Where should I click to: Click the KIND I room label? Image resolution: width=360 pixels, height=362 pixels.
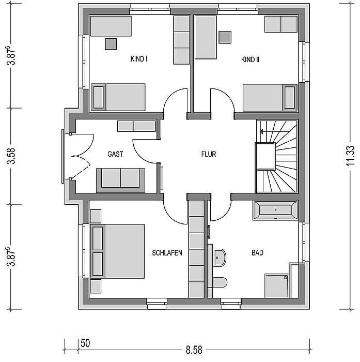[x=139, y=59]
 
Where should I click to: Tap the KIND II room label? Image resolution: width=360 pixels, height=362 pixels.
[x=250, y=59]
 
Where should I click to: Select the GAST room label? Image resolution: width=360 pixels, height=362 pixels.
[x=115, y=154]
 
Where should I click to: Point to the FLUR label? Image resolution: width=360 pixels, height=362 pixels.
[x=209, y=154]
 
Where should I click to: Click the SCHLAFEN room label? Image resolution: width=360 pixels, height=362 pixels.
[x=167, y=253]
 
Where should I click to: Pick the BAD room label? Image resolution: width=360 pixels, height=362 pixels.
[x=257, y=252]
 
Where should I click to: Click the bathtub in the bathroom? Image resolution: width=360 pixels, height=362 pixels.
[x=275, y=210]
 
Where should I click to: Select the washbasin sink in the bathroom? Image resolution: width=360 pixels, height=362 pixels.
[x=219, y=258]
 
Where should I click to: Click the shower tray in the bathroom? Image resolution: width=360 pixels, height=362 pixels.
[x=276, y=286]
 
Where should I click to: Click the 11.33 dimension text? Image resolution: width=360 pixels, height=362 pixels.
[x=350, y=155]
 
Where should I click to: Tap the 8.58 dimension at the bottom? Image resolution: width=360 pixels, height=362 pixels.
[x=194, y=350]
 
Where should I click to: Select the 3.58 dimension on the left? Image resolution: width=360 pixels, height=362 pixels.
[x=11, y=156]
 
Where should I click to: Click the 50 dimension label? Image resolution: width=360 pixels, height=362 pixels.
[x=85, y=343]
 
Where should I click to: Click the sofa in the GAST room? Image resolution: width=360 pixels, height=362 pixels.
[x=121, y=180]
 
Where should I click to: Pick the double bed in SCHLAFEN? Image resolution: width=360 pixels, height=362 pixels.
[x=117, y=251]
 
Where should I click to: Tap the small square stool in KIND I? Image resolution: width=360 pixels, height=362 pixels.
[x=111, y=44]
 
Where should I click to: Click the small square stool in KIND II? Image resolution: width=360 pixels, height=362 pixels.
[x=225, y=37]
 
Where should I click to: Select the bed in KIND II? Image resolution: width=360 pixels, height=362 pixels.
[x=270, y=98]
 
